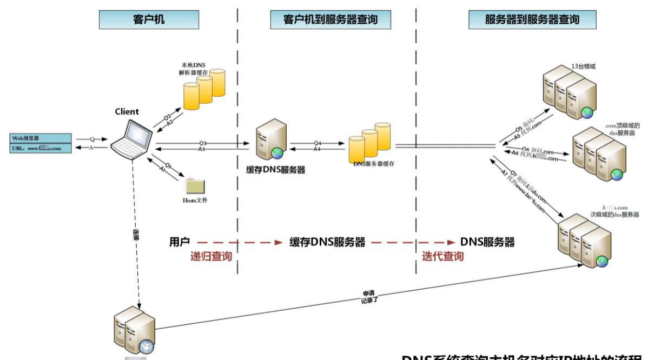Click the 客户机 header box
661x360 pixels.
click(149, 20)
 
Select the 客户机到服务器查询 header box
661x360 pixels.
click(330, 20)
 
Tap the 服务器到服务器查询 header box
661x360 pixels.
click(532, 20)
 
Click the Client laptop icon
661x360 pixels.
click(131, 138)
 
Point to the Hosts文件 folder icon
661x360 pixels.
click(195, 185)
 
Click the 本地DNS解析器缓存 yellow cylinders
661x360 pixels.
click(204, 89)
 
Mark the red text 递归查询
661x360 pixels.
click(211, 256)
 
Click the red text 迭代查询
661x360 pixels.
click(442, 256)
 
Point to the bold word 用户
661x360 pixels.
click(180, 242)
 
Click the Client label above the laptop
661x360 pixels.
click(127, 112)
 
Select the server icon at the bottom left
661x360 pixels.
click(133, 330)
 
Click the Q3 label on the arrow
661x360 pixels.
click(202, 143)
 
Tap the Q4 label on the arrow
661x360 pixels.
click(317, 143)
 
